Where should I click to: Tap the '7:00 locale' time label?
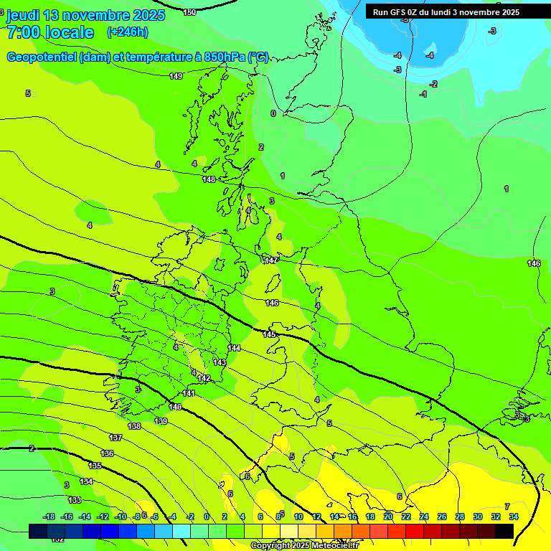tap(50, 32)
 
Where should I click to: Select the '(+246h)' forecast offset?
tap(127, 32)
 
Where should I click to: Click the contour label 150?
tap(189, 12)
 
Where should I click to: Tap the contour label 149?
tap(176, 76)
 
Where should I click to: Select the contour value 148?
tap(209, 179)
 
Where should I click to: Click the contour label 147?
tap(270, 260)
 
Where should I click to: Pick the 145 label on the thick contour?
tap(269, 335)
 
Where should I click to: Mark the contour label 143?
tap(220, 362)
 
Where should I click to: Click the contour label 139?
tap(161, 421)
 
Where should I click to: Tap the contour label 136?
tap(107, 453)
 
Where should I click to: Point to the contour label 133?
tap(75, 499)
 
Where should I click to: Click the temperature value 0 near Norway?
tap(273, 113)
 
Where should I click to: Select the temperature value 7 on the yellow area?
tap(507, 507)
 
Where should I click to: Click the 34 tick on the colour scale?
tap(514, 517)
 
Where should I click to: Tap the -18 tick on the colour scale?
tap(49, 517)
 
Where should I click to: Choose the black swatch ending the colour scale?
tap(504, 531)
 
